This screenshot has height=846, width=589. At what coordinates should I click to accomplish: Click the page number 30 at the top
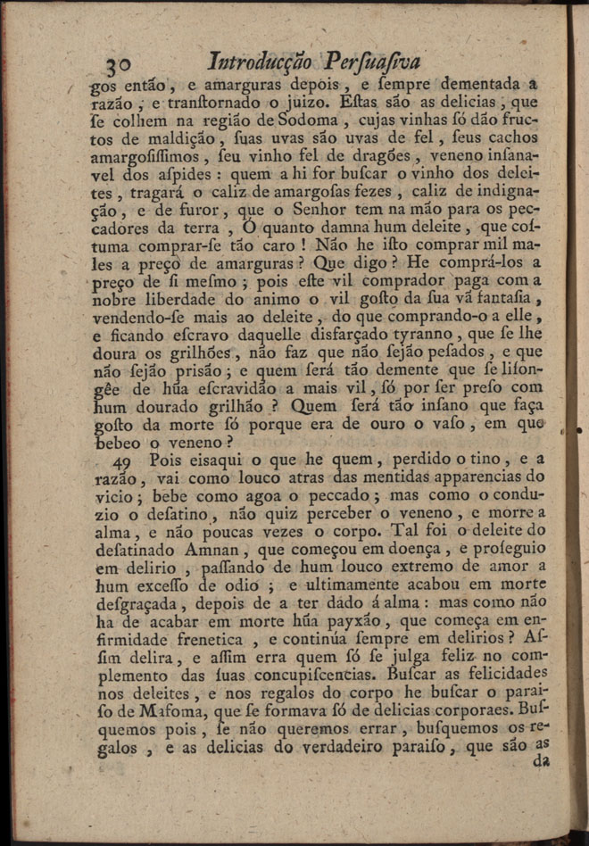(x=119, y=64)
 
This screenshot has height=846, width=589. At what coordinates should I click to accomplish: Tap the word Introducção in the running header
(x=260, y=62)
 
